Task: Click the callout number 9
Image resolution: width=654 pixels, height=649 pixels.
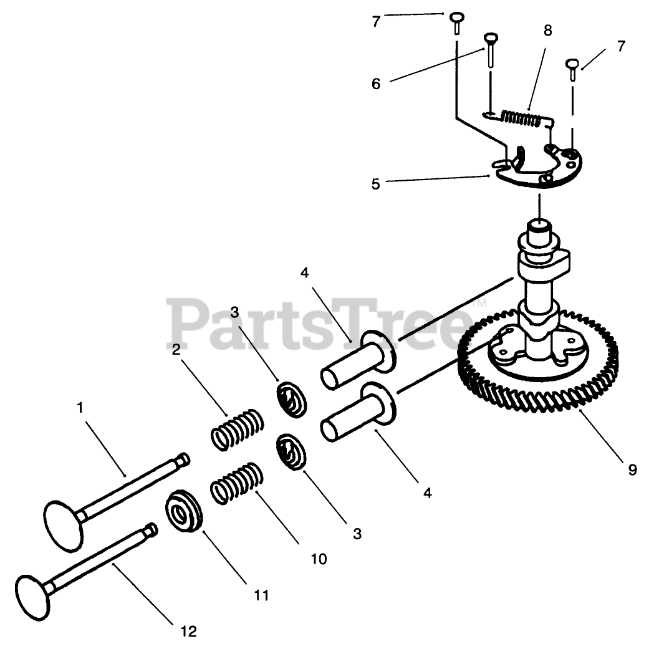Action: pos(632,469)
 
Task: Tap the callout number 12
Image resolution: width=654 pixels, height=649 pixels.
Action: pos(189,632)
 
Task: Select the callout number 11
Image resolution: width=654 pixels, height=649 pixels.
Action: pos(261,595)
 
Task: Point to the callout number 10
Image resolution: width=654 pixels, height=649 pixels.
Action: pos(318,559)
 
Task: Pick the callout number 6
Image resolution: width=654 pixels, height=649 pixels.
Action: pos(376,84)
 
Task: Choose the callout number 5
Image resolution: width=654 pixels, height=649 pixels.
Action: pos(376,185)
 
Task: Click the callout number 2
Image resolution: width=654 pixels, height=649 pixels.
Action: pos(176,350)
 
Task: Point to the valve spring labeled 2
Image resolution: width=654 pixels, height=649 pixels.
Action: pos(234,429)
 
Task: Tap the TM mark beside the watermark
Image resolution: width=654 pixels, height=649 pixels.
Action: pos(479,305)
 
